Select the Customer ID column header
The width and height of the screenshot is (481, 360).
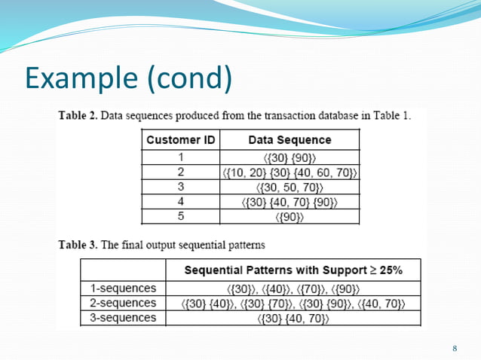coord(180,140)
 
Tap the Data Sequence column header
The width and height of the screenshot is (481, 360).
coord(290,140)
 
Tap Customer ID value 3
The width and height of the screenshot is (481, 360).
coord(180,188)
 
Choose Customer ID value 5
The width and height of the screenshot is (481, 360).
coord(180,217)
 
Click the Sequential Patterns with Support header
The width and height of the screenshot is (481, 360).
coord(293,270)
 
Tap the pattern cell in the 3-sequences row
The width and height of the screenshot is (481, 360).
coord(293,318)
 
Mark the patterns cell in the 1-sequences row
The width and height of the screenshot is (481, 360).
coord(293,288)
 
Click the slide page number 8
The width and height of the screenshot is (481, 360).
coord(455,348)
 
